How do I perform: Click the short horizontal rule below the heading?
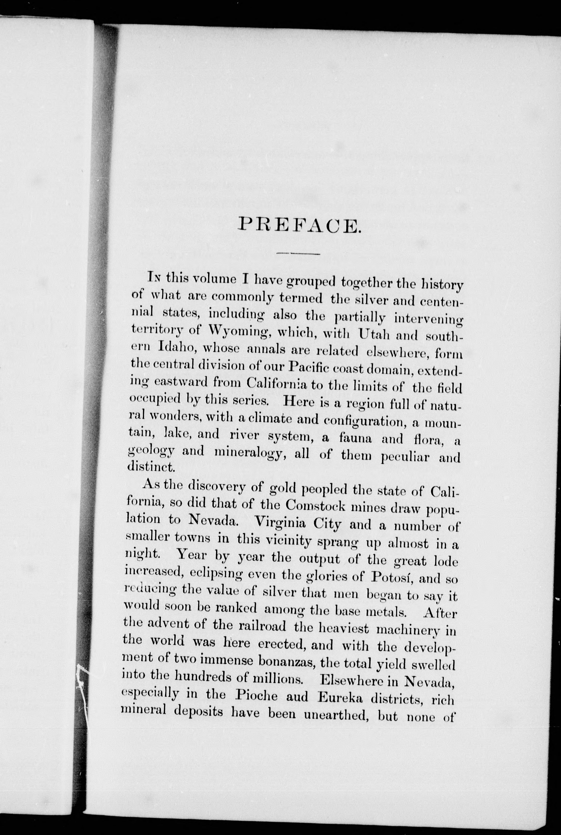(x=298, y=254)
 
